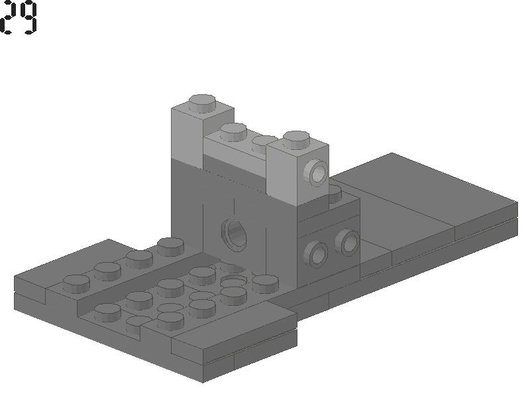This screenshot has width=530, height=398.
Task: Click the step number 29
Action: pyautogui.click(x=19, y=18)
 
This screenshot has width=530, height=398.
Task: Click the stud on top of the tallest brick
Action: pyautogui.click(x=202, y=103)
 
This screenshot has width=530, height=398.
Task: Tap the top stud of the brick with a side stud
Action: pyautogui.click(x=296, y=140)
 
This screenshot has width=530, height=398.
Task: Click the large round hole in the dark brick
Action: pyautogui.click(x=235, y=234)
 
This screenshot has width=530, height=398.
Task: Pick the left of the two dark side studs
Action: pyautogui.click(x=315, y=254)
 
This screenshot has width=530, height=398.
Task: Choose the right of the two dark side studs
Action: pyautogui.click(x=347, y=242)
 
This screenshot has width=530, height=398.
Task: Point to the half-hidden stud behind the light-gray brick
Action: pyautogui.click(x=335, y=193)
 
